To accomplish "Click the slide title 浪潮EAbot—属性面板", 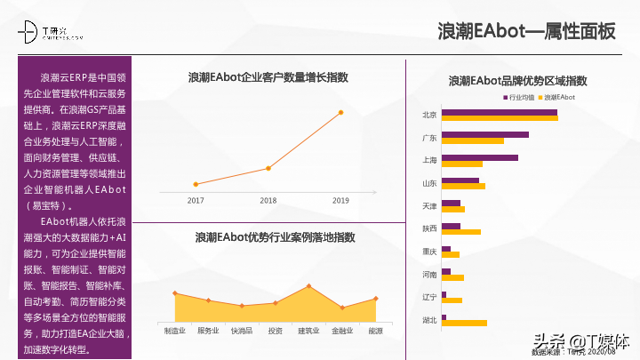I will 527,31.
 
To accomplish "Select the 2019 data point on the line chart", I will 340,112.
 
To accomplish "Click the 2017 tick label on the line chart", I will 196,201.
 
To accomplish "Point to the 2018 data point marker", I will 268,168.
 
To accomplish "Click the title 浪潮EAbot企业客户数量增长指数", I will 268,78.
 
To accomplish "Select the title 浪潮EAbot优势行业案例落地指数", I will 275,237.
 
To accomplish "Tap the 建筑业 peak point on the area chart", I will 308,286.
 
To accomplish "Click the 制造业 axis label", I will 175,331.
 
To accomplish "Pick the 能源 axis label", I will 375,331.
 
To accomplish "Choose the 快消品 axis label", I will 242,331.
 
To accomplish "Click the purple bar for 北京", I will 499,112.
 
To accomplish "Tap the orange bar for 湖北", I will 464,323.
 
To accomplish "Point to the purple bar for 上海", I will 479,157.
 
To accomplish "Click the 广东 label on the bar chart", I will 429,138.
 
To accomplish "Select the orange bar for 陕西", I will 460,232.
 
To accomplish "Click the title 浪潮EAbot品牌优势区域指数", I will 518,81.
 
